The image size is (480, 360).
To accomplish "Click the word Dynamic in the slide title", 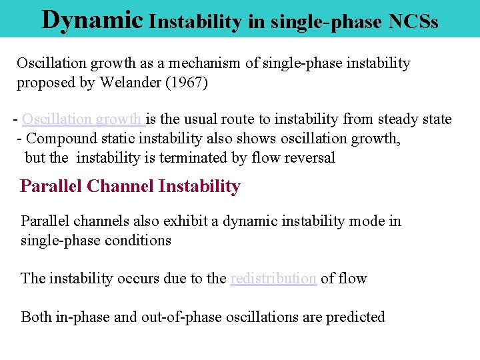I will (92, 20).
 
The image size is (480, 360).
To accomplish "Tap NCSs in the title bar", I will (410, 21).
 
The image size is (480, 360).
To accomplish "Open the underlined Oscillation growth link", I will (83, 119).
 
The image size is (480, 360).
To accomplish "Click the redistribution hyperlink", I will (273, 278).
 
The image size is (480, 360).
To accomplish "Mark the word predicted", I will (355, 317).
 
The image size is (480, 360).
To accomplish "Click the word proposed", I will (44, 83).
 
